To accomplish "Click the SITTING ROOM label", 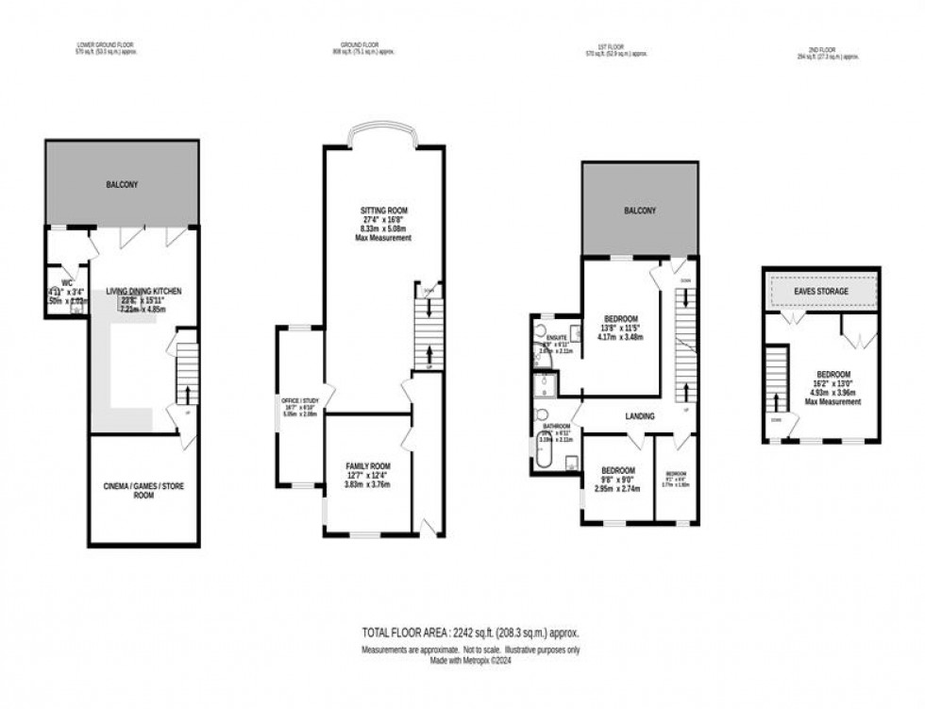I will point(384,210).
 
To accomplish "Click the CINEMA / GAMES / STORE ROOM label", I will point(143,491).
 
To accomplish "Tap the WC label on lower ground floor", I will point(66,281).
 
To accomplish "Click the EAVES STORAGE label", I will point(820,292).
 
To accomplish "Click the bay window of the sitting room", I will point(383,136).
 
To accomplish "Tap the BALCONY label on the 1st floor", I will point(640,211).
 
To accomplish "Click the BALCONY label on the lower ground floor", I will point(122,184).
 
